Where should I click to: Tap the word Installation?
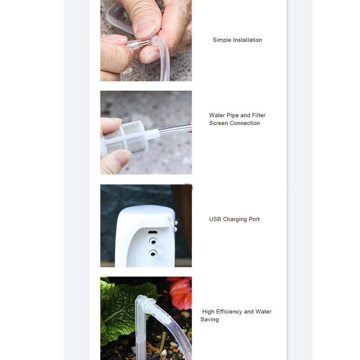(247, 40)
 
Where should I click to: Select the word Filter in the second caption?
(258, 115)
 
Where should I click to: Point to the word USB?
(215, 219)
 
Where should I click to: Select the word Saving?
(209, 319)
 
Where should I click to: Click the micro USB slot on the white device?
(153, 232)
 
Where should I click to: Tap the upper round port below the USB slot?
(153, 242)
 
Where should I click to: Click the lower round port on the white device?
(153, 253)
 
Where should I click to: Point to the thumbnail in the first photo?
(146, 27)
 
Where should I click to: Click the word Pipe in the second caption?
(233, 115)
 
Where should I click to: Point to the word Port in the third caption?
(254, 219)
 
